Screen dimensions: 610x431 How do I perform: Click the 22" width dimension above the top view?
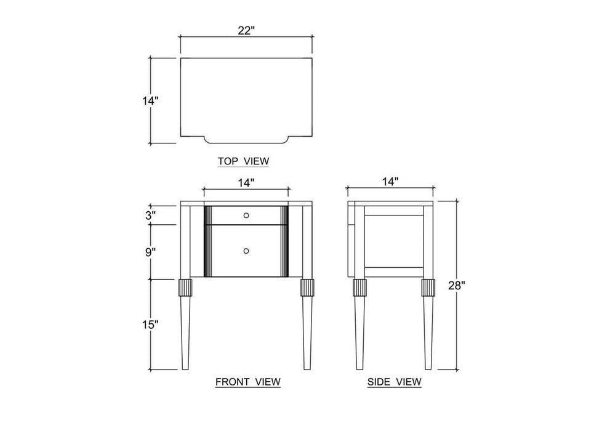pos(246,31)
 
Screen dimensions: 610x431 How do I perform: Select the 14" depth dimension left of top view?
pos(150,101)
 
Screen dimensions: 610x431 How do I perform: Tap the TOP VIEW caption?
pos(244,161)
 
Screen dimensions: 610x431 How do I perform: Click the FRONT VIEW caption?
pos(248,382)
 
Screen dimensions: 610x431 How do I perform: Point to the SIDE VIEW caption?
pos(395,382)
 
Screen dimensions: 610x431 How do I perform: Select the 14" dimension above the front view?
pos(246,182)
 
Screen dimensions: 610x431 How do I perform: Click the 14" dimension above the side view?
pos(391,181)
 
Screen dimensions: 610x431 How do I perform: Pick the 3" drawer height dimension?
pos(151,216)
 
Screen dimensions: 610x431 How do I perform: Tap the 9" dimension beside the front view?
pos(151,252)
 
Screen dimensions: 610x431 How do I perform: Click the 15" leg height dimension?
pos(150,325)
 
